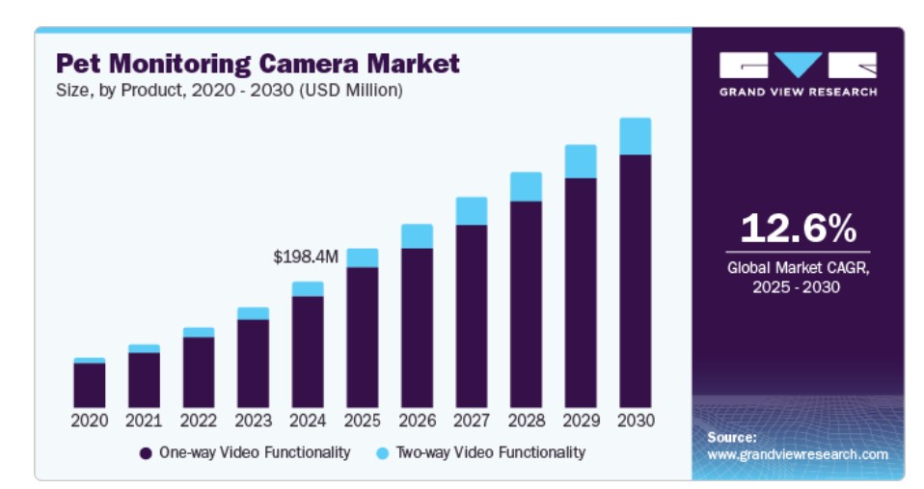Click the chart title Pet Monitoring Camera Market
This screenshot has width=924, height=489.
[x=258, y=64]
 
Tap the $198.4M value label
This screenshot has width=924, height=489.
[x=306, y=258]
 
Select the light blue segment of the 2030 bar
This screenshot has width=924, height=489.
[x=635, y=136]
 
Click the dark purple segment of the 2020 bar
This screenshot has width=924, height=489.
[x=90, y=385]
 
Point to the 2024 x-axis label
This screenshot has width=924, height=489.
[x=308, y=421]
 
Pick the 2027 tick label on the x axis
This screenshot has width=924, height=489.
[x=472, y=421]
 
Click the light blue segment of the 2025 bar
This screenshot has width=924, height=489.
[x=362, y=258]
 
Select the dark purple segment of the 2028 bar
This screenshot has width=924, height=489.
[x=526, y=304]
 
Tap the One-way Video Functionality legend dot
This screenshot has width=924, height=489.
[x=146, y=452]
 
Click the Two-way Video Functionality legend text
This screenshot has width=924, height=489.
[x=490, y=452]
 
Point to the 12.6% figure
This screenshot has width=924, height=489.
[x=798, y=229]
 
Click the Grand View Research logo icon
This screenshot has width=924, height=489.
[x=798, y=65]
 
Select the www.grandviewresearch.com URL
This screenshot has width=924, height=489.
[x=797, y=453]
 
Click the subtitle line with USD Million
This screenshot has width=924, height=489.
[x=229, y=91]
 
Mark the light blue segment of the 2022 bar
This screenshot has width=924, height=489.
[x=199, y=333]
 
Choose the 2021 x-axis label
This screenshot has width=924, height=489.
[x=144, y=421]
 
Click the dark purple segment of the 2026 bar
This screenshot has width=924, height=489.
[x=417, y=328]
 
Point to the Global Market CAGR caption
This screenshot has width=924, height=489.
[x=798, y=277]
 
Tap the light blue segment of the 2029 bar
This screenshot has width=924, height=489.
[x=581, y=161]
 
